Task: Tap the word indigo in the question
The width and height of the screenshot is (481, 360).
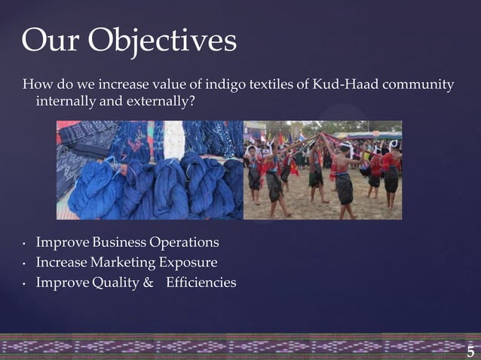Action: coord(213,84)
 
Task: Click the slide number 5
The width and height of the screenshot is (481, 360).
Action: coord(470,352)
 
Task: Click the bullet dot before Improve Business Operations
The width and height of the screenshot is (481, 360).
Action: coord(24,244)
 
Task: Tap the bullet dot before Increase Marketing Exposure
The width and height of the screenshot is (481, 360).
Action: coord(24,264)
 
